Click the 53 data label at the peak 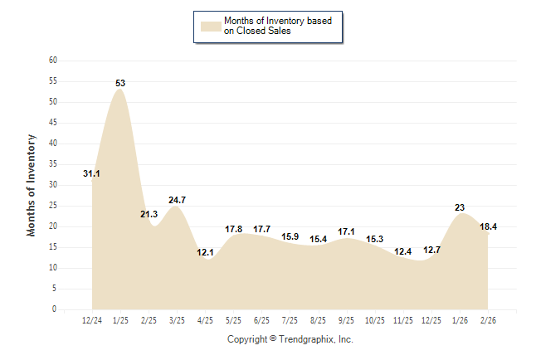click(120, 83)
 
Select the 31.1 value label click(92, 173)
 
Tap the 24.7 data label click(177, 200)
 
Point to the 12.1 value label click(205, 252)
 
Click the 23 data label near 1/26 click(460, 207)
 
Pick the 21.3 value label click(149, 214)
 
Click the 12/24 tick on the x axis click(92, 319)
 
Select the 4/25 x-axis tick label click(205, 319)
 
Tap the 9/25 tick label click(347, 319)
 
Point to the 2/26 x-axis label click(489, 319)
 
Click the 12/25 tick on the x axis click(431, 319)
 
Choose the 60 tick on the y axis click(52, 61)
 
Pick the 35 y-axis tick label click(52, 164)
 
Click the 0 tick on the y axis click(55, 309)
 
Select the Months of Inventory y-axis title click(32, 185)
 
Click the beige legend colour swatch click(211, 26)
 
